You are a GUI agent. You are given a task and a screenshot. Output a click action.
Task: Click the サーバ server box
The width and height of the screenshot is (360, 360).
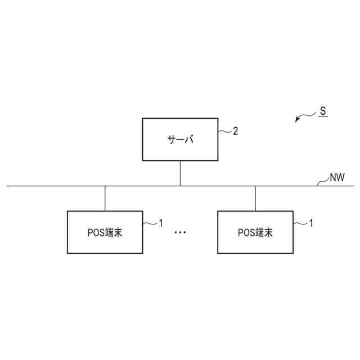(x=180, y=139)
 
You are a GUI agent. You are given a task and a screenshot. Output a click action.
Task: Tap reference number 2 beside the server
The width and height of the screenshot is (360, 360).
(x=236, y=131)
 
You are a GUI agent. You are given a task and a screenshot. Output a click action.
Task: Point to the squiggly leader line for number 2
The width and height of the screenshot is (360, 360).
(x=225, y=132)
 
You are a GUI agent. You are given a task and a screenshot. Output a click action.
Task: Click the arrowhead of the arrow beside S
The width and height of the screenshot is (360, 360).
(x=297, y=120)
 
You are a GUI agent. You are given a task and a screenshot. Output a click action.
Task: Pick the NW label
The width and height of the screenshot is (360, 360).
(x=337, y=178)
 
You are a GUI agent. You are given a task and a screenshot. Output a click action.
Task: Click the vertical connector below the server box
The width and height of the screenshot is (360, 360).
(x=180, y=173)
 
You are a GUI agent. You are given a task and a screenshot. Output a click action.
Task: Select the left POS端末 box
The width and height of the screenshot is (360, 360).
(x=105, y=232)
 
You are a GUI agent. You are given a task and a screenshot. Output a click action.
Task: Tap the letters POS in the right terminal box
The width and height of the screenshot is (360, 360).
(x=246, y=232)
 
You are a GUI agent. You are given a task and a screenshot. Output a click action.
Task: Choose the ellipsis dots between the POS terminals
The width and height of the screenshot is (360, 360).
(x=180, y=232)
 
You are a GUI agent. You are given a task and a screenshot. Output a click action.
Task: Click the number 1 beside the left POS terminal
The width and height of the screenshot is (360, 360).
(x=160, y=223)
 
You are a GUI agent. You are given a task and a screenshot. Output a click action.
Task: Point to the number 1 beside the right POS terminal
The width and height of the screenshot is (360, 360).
(x=311, y=223)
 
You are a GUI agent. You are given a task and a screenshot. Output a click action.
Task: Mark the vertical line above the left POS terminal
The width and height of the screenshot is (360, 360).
(x=105, y=198)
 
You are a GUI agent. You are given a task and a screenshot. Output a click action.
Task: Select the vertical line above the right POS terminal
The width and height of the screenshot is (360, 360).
(x=255, y=198)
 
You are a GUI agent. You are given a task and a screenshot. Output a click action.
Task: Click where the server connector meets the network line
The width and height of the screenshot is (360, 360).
(x=180, y=185)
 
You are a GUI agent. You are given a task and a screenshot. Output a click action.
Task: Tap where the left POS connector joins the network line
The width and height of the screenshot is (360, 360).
(x=105, y=185)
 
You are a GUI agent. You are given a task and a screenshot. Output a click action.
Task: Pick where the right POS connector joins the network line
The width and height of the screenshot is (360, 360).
(x=255, y=185)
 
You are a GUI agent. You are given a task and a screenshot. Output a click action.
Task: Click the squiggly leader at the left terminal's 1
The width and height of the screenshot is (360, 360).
(x=150, y=224)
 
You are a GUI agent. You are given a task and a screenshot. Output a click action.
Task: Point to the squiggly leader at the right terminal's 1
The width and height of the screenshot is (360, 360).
(x=300, y=224)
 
